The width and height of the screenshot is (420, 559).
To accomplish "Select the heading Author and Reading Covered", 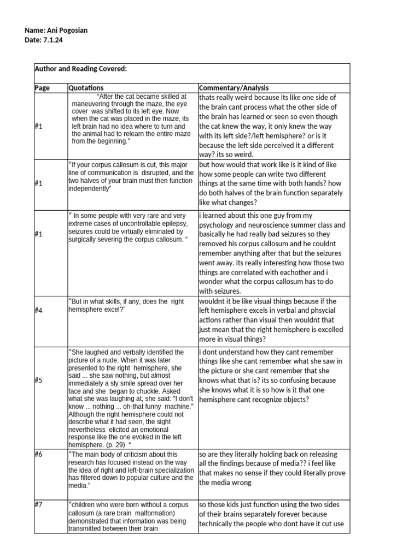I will point(81,69).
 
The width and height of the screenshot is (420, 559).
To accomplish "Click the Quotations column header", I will point(86,88).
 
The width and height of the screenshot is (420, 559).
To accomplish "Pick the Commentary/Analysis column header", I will point(234,88).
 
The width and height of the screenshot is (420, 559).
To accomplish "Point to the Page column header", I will point(42,88).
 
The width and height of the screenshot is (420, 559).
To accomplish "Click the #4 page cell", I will point(38,310).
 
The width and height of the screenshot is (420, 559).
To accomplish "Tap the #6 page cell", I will point(38,454).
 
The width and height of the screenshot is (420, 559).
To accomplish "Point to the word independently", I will point(90,188).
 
